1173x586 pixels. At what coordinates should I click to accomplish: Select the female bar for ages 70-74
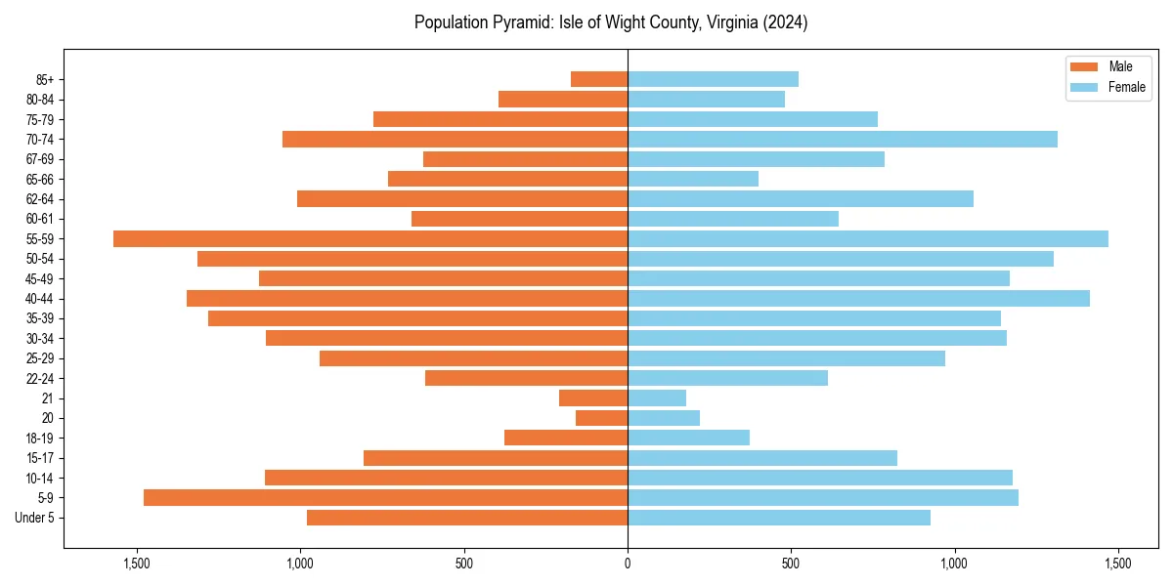[842, 139]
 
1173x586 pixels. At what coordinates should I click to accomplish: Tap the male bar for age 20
[601, 418]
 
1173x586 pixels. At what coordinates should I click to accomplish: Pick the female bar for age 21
[656, 398]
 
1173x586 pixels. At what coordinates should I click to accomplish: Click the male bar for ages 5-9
[385, 497]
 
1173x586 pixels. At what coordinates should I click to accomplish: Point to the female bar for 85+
[713, 79]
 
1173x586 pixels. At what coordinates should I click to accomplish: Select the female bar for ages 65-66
[692, 179]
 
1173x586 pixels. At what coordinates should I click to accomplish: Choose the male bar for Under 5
[466, 518]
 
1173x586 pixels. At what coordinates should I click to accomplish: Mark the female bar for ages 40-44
[858, 298]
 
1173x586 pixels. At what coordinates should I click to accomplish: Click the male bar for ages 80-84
[562, 99]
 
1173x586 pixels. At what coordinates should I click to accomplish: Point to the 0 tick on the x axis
[628, 564]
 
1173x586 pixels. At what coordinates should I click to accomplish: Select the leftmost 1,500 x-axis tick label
[136, 564]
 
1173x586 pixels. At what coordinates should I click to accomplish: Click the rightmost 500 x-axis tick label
[791, 564]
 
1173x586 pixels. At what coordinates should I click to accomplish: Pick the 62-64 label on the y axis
[40, 198]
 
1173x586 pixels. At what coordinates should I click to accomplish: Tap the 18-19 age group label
[40, 438]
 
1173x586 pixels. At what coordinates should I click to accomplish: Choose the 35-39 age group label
[40, 318]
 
